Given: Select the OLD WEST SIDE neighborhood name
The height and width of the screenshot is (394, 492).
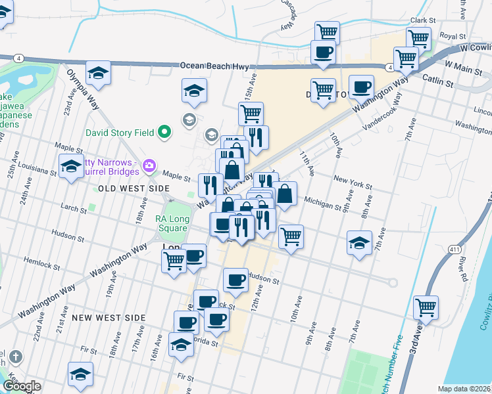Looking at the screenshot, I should coord(134,188).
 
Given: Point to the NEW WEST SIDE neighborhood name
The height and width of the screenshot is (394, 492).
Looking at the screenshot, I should coord(109,318).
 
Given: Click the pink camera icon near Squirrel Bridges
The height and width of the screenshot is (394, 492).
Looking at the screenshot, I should coord(150,165).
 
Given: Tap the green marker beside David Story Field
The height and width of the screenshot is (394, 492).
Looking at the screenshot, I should coord(164,133).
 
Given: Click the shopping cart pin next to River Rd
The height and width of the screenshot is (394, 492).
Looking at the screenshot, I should coord(426,307).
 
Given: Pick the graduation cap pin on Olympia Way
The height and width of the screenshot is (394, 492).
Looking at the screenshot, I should coord(98,72).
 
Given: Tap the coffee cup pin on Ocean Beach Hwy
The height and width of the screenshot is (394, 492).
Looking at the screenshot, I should coord(322,52).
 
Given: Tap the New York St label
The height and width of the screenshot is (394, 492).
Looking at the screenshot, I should coord(349,179).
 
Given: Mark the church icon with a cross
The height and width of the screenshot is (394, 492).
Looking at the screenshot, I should coord(15,357).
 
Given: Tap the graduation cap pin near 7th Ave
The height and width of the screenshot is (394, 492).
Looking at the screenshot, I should coord(358,243).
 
